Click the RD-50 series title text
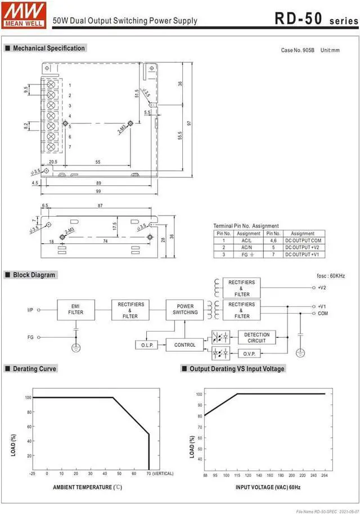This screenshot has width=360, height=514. [316, 19]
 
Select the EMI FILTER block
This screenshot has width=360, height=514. [76, 309]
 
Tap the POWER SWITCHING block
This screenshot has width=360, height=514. [185, 309]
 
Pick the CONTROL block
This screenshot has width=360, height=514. [185, 345]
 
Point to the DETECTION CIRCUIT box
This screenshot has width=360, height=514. [257, 337]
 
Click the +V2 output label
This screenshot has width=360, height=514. [322, 287]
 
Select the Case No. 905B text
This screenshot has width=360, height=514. [297, 50]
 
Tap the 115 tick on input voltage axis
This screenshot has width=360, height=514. [237, 475]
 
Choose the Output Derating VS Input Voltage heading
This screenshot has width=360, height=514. [236, 369]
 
